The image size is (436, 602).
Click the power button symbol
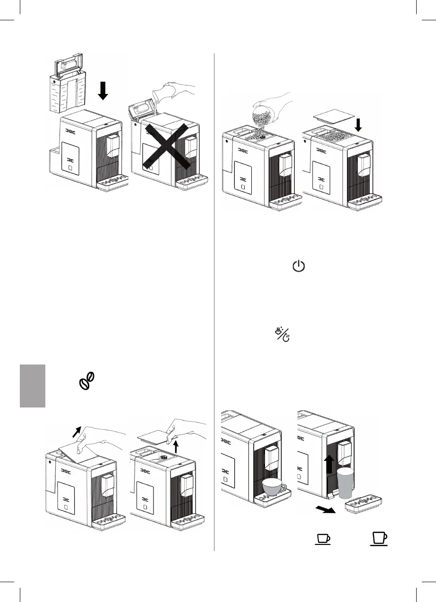click(x=299, y=267)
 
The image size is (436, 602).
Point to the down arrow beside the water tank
click(x=103, y=89)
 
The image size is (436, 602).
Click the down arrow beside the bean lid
click(x=358, y=125)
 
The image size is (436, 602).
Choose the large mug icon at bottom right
click(x=379, y=540)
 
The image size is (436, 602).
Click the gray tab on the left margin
click(x=32, y=385)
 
